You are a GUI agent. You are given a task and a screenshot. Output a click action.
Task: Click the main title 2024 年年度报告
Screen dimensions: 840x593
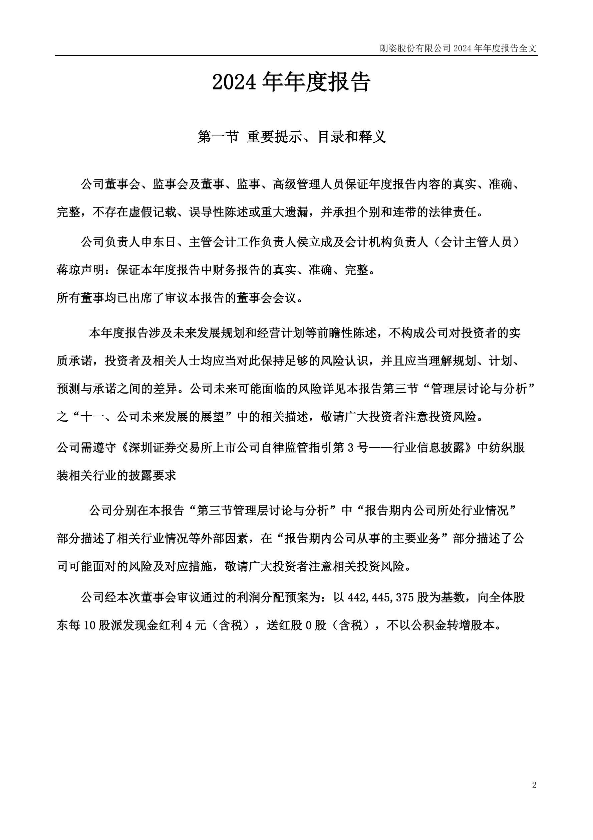tap(291, 82)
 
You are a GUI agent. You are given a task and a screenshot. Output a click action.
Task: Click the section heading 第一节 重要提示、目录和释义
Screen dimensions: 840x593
tap(292, 137)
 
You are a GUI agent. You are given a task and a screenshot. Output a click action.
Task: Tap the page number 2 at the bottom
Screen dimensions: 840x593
tap(534, 785)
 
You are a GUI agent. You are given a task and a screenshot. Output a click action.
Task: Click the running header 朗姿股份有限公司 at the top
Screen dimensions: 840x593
tap(415, 48)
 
